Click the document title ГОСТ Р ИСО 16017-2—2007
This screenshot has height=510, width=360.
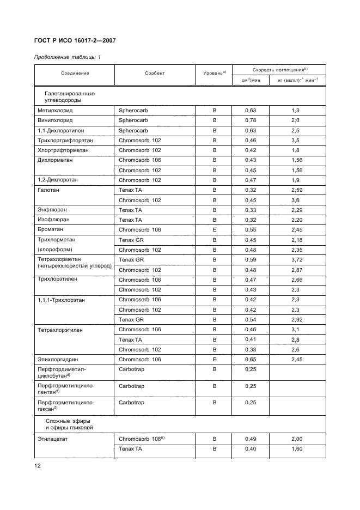click(x=75, y=41)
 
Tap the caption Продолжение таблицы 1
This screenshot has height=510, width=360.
click(x=68, y=57)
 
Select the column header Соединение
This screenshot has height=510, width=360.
click(x=75, y=73)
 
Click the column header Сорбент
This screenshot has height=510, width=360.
click(x=155, y=73)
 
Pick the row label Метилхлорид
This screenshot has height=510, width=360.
click(x=54, y=111)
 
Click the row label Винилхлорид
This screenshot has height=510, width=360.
click(x=55, y=120)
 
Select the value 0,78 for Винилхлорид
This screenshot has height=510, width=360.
click(x=249, y=120)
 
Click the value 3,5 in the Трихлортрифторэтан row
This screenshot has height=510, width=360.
click(x=296, y=140)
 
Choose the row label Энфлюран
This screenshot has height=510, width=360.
click(x=52, y=210)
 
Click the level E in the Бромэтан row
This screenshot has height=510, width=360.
click(x=214, y=230)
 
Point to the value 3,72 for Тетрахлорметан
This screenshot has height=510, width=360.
click(x=296, y=260)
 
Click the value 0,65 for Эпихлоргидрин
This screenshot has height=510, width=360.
click(x=249, y=360)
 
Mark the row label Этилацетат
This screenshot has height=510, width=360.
click(x=53, y=439)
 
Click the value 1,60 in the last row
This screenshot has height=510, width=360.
click(x=296, y=448)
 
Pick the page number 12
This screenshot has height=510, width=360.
click(x=38, y=466)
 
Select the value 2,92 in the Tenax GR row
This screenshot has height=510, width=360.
click(x=296, y=320)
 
